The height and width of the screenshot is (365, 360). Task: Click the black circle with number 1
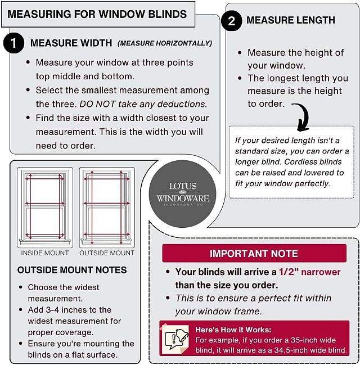click(x=13, y=43)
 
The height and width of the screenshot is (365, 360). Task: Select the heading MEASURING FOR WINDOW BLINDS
click(x=97, y=13)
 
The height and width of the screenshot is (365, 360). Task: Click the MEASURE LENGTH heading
click(x=290, y=20)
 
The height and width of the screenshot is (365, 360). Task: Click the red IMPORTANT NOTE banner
click(x=254, y=254)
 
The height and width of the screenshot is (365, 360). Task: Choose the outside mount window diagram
click(x=106, y=206)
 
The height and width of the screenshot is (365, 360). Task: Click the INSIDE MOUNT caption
click(x=44, y=253)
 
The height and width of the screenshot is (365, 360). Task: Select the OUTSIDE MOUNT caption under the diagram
click(x=107, y=253)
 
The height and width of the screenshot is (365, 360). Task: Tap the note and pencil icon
click(x=175, y=338)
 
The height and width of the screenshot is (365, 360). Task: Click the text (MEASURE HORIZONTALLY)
click(x=165, y=43)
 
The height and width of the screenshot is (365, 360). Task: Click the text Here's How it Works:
click(x=233, y=330)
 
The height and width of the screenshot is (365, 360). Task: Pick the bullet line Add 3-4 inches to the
click(x=70, y=310)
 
